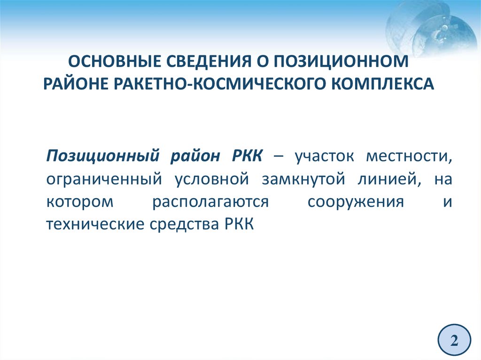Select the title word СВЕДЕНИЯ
click(x=209, y=61)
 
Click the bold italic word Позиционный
click(x=103, y=156)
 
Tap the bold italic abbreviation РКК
click(x=247, y=156)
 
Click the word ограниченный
click(x=104, y=179)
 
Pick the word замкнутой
click(x=304, y=179)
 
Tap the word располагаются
click(x=210, y=202)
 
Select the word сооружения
click(x=356, y=202)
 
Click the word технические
click(x=95, y=224)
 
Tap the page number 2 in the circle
click(x=454, y=340)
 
